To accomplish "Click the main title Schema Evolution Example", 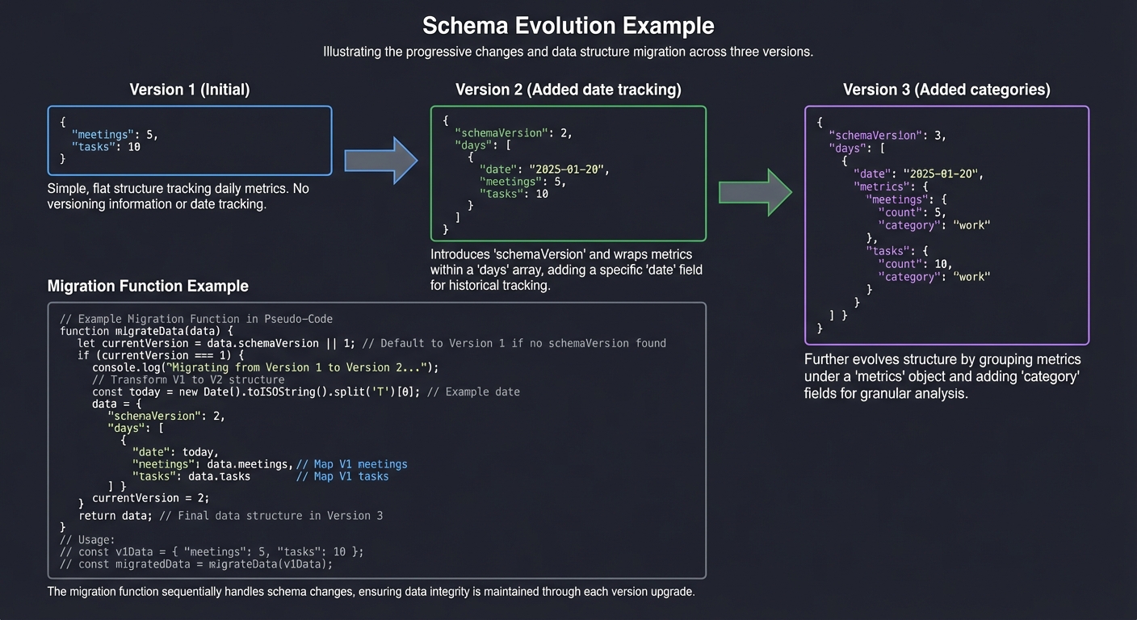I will (568, 25).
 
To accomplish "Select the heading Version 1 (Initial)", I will (189, 90).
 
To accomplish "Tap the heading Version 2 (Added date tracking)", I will (568, 90).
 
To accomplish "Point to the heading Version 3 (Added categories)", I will (946, 90).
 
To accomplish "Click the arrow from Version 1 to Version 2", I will (380, 160).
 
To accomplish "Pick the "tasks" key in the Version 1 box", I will (94, 146).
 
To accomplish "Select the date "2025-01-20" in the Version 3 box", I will (942, 174).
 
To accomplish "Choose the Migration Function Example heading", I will (148, 286).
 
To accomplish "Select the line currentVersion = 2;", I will (150, 498).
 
